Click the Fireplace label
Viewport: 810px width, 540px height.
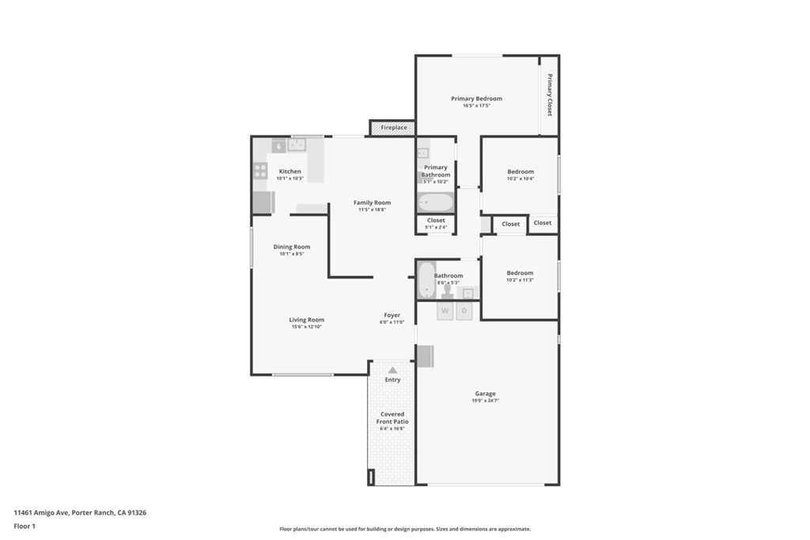tap(394, 127)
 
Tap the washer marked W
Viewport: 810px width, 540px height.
tap(445, 311)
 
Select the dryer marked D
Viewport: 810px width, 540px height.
tap(464, 311)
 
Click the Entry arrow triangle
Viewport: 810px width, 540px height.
tap(392, 370)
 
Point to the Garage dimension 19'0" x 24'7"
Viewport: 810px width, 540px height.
tap(485, 401)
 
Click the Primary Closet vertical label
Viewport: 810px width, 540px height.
tap(550, 95)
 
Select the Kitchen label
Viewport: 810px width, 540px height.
tap(290, 172)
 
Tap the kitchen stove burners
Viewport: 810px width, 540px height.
tap(260, 171)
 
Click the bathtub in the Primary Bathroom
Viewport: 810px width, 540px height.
tap(435, 202)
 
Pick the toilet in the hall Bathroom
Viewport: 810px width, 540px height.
tap(448, 292)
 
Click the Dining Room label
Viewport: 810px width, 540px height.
tap(292, 247)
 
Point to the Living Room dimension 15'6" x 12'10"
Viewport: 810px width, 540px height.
tap(306, 327)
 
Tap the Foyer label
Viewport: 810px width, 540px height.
tap(392, 315)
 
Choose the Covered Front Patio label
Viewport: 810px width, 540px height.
tap(392, 417)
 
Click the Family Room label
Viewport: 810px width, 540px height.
tap(372, 203)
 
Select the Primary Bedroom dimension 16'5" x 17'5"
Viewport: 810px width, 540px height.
tap(476, 106)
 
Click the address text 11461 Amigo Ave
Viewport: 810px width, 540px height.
tap(41, 512)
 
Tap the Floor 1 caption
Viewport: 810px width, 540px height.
tap(25, 527)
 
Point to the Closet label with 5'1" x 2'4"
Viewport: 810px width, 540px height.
tap(436, 221)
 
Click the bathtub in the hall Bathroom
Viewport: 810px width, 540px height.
tap(426, 280)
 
